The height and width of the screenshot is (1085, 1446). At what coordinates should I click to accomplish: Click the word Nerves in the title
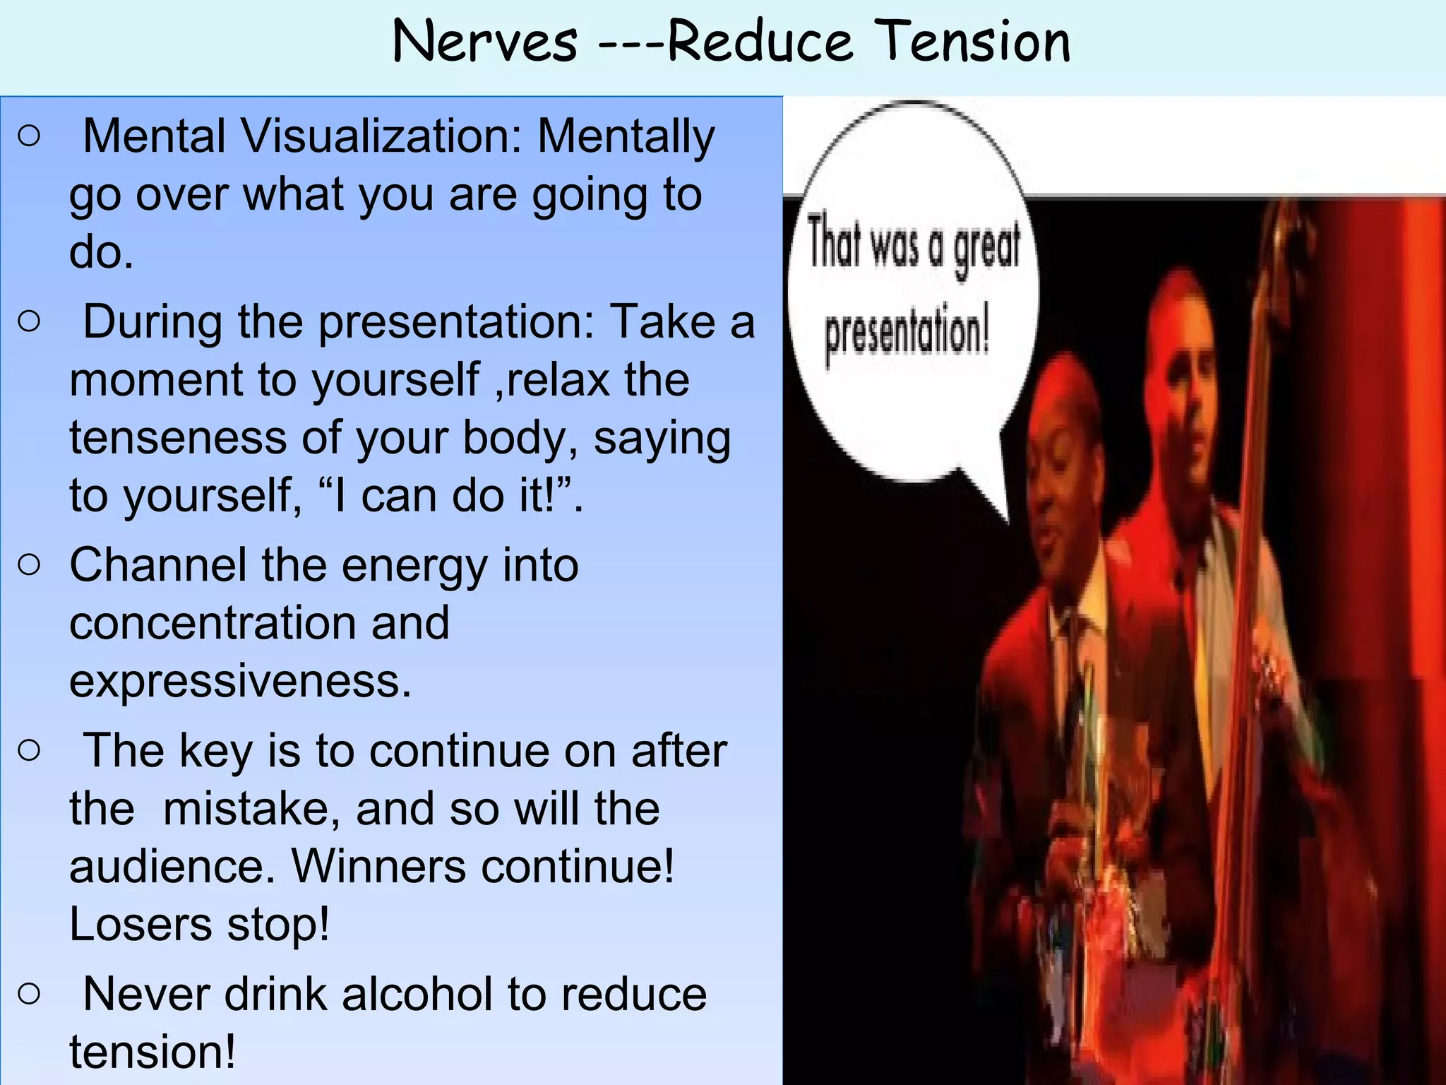pos(485,42)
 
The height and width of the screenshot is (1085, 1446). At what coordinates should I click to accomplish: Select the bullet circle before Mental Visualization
pos(30,136)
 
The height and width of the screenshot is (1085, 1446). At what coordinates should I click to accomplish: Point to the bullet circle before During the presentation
pos(30,322)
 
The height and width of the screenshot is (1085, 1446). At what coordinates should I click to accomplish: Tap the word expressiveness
pos(240,681)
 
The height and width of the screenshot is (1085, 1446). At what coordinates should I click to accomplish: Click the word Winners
pos(378,866)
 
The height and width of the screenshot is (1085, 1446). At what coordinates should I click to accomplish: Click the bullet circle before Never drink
pos(30,995)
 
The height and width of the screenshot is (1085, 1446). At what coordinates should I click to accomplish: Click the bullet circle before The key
pos(30,750)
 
